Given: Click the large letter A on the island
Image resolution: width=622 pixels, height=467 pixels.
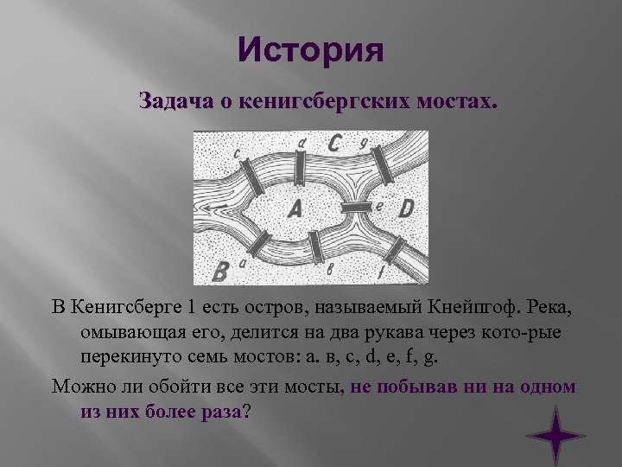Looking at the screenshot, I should click(x=294, y=208).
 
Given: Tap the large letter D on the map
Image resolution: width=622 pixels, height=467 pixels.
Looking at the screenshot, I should click(x=407, y=207).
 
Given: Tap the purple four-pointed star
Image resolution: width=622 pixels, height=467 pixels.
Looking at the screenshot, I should click(x=555, y=432).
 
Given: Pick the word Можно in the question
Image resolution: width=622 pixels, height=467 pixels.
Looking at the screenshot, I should click(x=79, y=386).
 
